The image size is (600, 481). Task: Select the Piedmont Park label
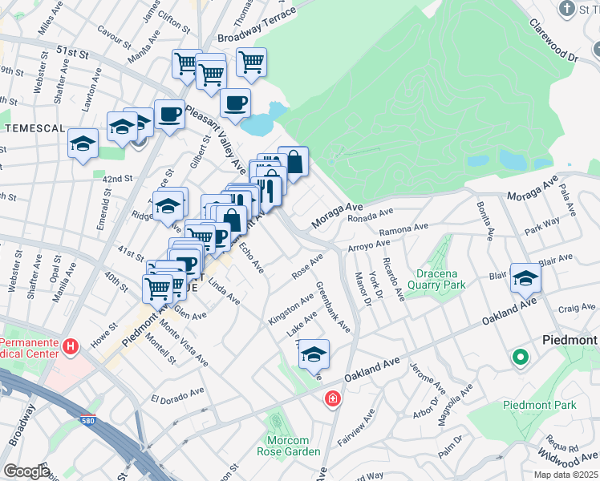(539, 405)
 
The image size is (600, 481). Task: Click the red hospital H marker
(71, 346)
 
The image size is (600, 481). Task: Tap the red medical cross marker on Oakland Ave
(331, 398)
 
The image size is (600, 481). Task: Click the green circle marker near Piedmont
(520, 358)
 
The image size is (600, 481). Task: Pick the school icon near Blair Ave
(525, 277)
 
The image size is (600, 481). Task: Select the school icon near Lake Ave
(314, 353)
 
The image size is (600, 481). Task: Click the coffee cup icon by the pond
(236, 103)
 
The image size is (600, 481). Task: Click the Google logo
(26, 471)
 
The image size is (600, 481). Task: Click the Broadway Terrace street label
(256, 26)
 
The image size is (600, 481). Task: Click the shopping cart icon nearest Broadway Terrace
(251, 61)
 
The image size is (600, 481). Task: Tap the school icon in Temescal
(83, 143)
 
